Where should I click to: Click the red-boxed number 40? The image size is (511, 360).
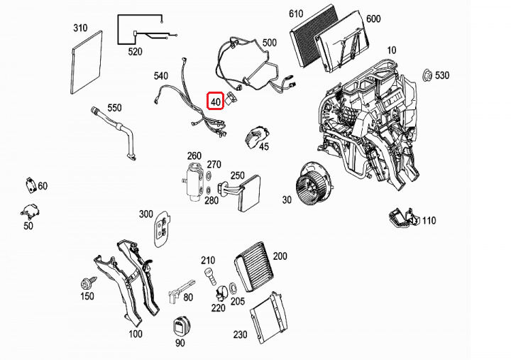click(x=216, y=102)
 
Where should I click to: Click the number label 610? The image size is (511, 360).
click(x=296, y=13)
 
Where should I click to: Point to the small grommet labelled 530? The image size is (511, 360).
click(x=427, y=75)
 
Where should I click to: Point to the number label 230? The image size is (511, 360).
click(x=241, y=333)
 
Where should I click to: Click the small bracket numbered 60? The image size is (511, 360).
click(x=29, y=184)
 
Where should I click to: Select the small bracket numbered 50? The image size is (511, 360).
click(x=30, y=210)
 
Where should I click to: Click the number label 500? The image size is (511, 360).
click(x=269, y=43)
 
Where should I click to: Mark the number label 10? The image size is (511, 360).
click(x=392, y=50)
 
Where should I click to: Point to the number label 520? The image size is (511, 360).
click(x=135, y=52)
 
